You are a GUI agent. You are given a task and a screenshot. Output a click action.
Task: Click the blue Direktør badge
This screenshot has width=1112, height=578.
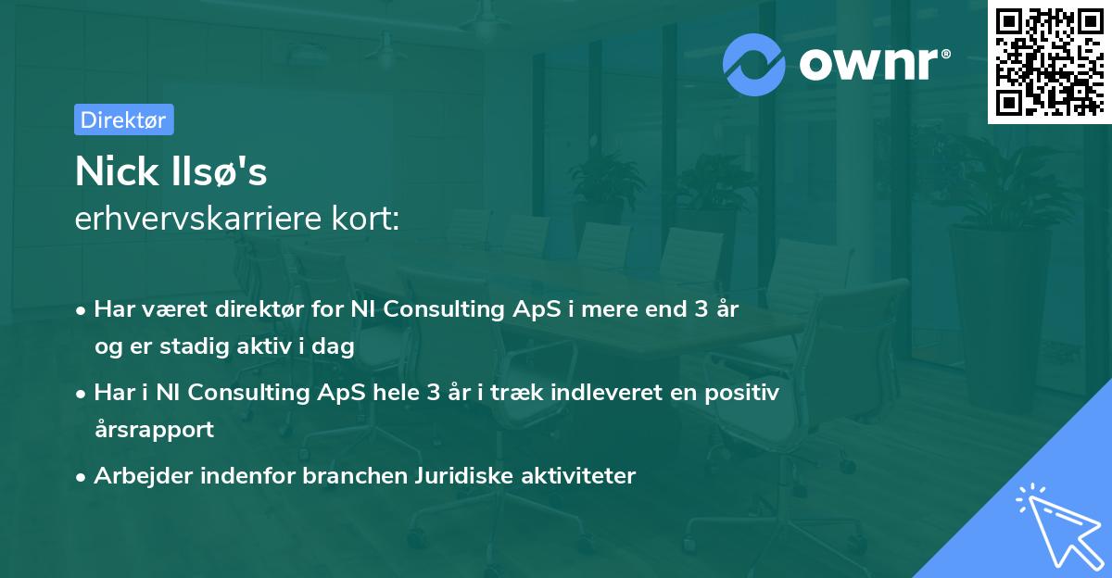(123, 119)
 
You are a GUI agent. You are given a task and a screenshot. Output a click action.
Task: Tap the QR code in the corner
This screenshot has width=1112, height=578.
(1048, 62)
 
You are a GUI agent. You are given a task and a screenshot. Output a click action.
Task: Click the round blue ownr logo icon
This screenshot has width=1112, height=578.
(754, 63)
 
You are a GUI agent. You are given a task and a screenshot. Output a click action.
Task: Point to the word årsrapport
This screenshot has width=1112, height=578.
(154, 430)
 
